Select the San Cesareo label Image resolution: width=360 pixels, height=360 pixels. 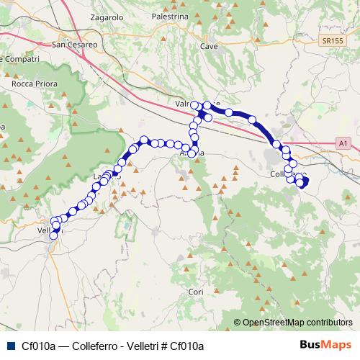click(75, 44)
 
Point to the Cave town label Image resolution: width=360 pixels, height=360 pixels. click(209, 46)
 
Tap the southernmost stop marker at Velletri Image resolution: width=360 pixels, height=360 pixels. click(53, 235)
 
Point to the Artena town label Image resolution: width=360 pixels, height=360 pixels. click(190, 154)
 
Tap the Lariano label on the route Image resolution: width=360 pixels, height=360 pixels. click(104, 176)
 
